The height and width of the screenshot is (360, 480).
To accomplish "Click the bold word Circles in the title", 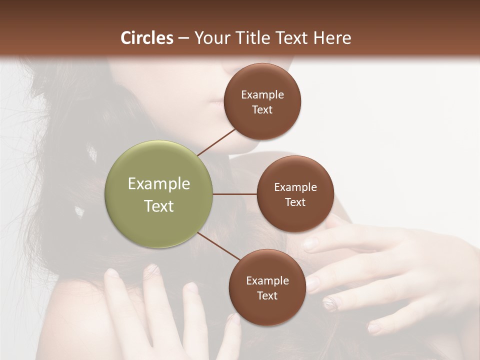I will coord(146,38).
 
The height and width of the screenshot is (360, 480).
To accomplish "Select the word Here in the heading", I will coord(332,38).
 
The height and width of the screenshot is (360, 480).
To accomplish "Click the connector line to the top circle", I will coord(217,142).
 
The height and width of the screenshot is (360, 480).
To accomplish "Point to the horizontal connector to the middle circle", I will coord(235,194).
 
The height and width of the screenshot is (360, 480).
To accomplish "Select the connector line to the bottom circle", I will coord(218,246).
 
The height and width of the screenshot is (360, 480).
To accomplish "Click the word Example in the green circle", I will coord(159,184).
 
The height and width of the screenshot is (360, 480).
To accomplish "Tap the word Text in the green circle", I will coord(159,206).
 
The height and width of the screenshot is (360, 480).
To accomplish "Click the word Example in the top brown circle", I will coord(262,95).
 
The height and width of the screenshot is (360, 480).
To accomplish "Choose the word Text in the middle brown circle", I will coord(295,202).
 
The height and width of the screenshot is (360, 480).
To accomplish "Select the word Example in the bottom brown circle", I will coord(267,280).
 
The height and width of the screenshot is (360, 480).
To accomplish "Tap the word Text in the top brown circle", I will coord(262,109).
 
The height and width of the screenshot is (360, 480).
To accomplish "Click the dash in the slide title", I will coord(183,38).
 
